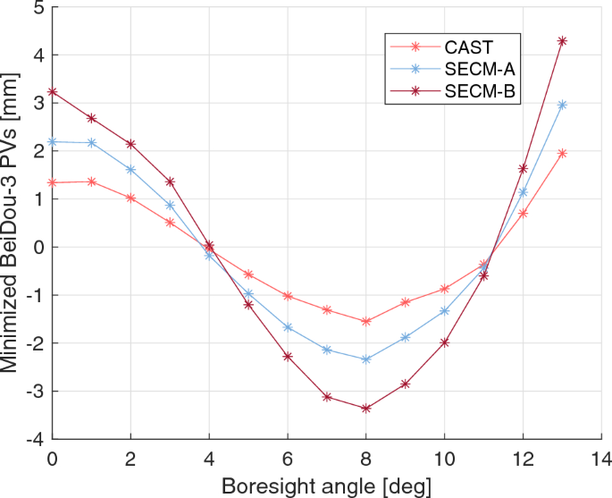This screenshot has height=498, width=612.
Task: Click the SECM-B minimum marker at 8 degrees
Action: click(x=365, y=409)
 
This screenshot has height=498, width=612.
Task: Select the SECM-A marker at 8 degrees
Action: click(x=365, y=359)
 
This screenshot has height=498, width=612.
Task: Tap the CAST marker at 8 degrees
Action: click(x=365, y=321)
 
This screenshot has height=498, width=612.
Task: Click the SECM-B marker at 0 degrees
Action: click(x=53, y=92)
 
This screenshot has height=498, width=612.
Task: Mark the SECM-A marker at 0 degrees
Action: click(x=53, y=141)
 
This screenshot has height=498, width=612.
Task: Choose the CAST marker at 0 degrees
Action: click(x=53, y=182)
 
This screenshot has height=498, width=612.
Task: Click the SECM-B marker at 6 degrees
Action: click(x=288, y=357)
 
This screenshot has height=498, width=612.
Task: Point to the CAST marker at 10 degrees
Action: click(x=444, y=289)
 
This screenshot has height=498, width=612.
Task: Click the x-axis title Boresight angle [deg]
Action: click(x=327, y=485)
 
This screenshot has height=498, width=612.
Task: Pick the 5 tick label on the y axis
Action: click(x=38, y=8)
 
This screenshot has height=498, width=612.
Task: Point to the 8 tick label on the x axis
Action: click(x=365, y=458)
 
